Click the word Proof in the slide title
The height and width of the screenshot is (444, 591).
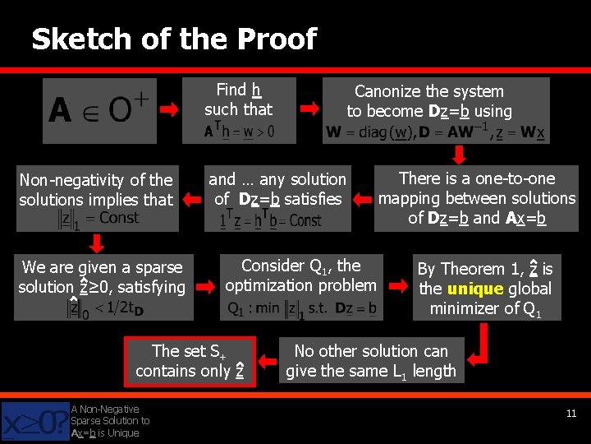276,39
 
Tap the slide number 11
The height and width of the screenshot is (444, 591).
570,414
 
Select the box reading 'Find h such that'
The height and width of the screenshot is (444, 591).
238,110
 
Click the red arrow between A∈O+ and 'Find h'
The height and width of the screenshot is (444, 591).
170,109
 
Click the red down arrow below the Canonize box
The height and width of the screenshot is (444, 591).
460,154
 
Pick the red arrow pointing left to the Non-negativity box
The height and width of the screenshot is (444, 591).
193,198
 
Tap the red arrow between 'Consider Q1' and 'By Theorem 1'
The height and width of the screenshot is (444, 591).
399,286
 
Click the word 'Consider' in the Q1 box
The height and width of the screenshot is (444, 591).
272,266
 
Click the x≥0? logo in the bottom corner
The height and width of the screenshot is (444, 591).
34,421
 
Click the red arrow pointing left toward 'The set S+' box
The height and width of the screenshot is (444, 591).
268,360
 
